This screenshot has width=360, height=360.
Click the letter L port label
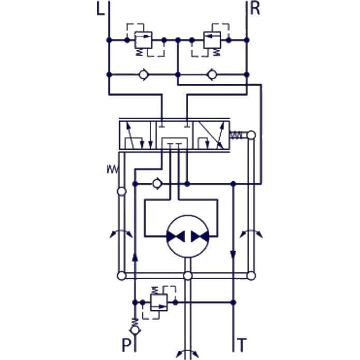coord(100,9)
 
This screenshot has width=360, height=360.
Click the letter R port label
coord(255,9)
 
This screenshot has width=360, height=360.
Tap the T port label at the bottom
coord(242,343)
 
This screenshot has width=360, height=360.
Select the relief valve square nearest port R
coord(212,39)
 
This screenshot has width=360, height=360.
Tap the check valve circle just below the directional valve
coord(157,183)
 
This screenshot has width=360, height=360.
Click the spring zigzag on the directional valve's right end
coord(237,135)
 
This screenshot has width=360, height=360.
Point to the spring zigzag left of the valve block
coord(112,168)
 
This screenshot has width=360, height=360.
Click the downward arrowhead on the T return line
coord(234,255)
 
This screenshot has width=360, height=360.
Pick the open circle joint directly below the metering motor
coord(188,276)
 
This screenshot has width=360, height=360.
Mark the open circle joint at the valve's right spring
coord(251,135)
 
